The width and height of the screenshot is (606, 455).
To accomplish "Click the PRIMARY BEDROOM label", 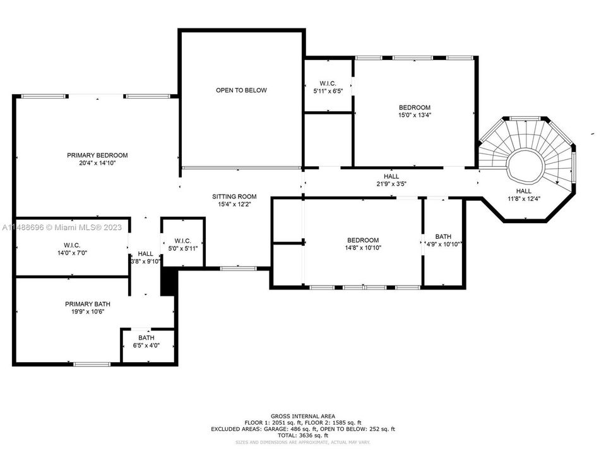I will click(97, 155).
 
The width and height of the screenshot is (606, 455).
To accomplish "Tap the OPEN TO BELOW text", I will click(241, 90).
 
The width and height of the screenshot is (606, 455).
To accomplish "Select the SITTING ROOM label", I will click(234, 197).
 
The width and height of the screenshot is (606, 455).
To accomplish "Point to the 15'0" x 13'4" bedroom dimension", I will click(414, 115).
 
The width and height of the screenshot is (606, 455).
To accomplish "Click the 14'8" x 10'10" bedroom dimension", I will click(363, 248).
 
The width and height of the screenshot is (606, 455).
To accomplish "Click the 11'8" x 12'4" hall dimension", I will click(523, 198).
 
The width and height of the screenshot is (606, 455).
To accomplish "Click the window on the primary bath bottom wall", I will click(92, 364).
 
